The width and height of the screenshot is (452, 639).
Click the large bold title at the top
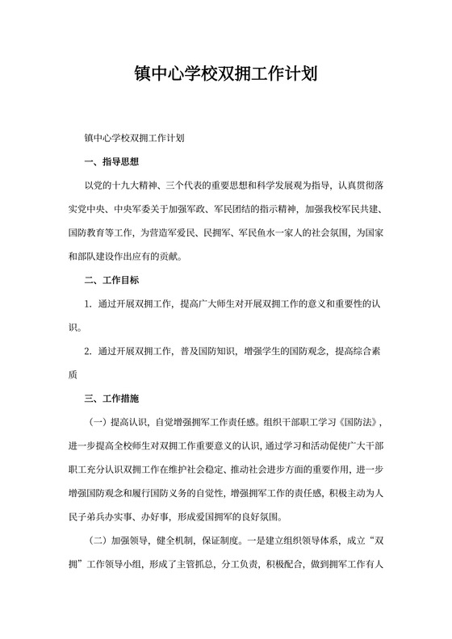click(x=225, y=75)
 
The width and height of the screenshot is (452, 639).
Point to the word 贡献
click(x=162, y=257)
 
